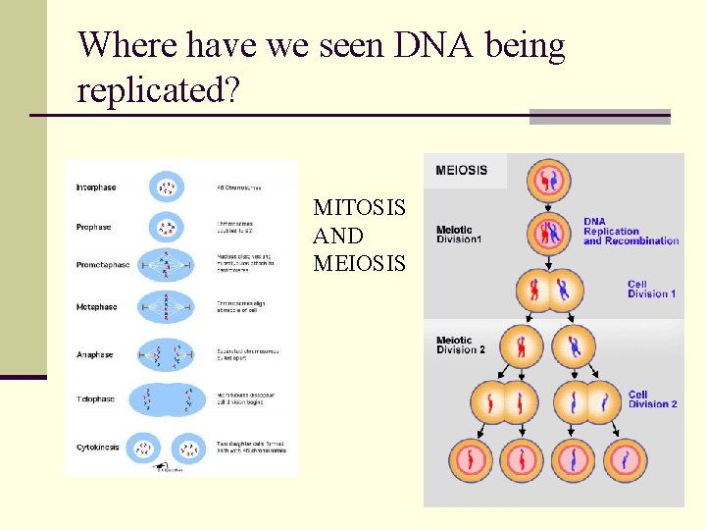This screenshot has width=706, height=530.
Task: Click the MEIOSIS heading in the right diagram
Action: (x=461, y=170)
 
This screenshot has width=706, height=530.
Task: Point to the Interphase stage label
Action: (x=96, y=187)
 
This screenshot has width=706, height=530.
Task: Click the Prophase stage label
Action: (x=94, y=227)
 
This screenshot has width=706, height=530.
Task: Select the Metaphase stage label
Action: (x=97, y=307)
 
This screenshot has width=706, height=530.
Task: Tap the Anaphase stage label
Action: (x=95, y=354)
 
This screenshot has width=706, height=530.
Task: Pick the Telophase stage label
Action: (x=96, y=399)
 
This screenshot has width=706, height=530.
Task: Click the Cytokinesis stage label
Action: (x=98, y=447)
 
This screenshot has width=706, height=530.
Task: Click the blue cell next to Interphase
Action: (x=168, y=186)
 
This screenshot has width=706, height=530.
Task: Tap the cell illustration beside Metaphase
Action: (x=168, y=307)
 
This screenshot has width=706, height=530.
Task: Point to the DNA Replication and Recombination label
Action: (x=630, y=231)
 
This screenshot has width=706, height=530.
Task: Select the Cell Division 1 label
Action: (x=652, y=289)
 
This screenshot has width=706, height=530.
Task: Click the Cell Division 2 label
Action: (x=653, y=399)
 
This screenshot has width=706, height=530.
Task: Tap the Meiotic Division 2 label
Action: (x=460, y=345)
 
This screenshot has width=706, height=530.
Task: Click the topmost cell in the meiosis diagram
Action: (x=549, y=179)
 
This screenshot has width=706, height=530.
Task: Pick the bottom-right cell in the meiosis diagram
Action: (x=625, y=459)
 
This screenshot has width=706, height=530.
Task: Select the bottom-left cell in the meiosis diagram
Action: (x=474, y=459)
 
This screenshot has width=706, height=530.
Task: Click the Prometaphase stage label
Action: (x=103, y=265)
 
